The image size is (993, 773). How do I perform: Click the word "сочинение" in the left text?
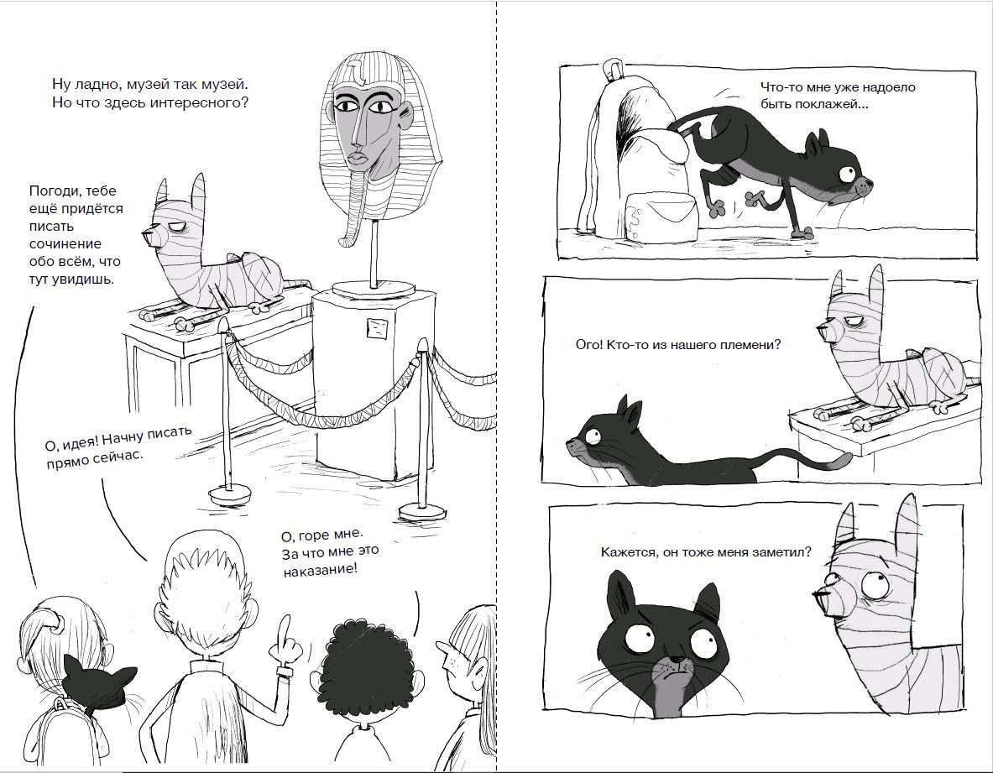[65, 243]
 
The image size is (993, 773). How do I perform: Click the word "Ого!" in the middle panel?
[589, 345]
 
